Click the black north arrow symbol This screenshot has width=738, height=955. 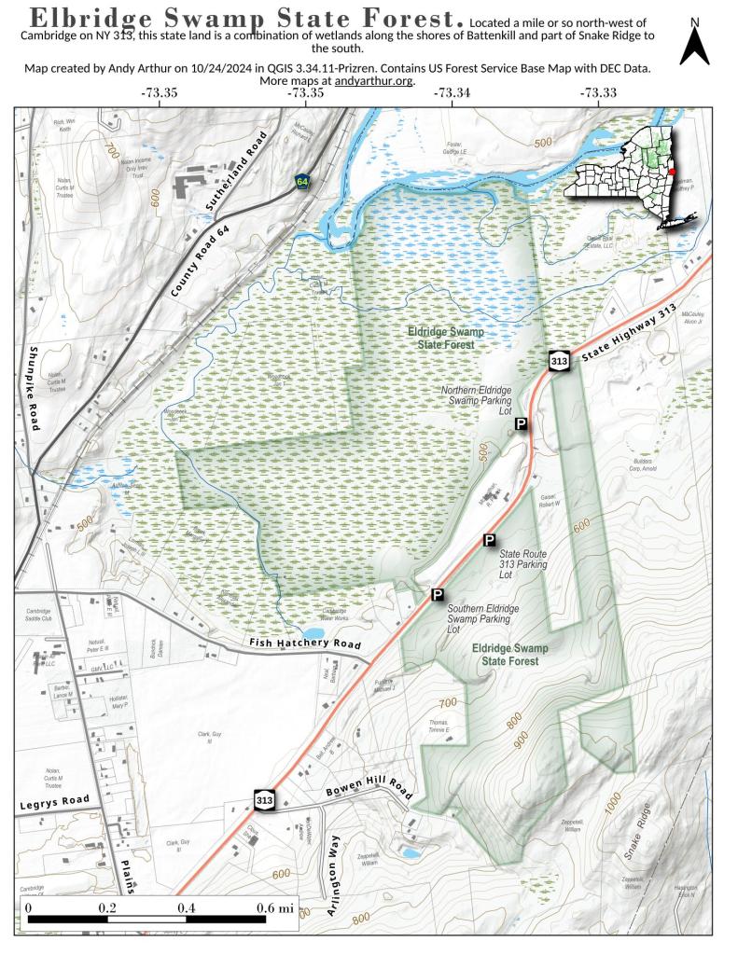point(694,44)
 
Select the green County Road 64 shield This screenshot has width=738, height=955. point(302,181)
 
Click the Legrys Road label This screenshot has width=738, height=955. point(52,801)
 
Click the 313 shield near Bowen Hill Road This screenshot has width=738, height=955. point(264,800)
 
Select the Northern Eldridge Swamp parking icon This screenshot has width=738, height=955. point(522,424)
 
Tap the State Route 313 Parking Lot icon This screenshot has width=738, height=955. point(489,540)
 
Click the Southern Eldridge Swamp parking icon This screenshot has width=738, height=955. point(437,594)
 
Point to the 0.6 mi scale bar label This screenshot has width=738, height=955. point(274,907)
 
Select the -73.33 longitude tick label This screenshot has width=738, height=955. point(598,93)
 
